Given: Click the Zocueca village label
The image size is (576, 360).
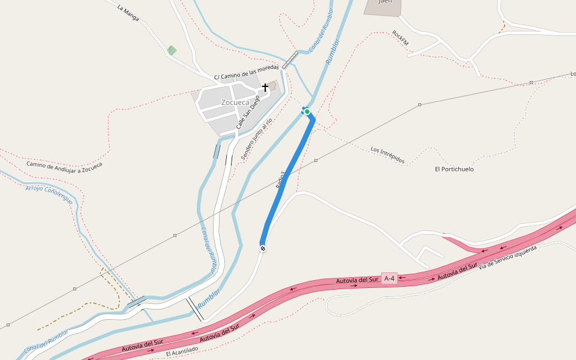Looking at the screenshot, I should pyautogui.click(x=235, y=103).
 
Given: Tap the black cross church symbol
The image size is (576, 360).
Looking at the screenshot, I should pyautogui.click(x=265, y=88).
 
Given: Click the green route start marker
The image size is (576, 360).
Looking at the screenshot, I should pyautogui.click(x=307, y=112).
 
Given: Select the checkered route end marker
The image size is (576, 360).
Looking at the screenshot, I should pyautogui.click(x=263, y=248).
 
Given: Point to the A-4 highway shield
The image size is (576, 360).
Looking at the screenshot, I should pyautogui.click(x=389, y=278).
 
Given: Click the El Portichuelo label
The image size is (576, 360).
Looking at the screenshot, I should pyautogui.click(x=454, y=169).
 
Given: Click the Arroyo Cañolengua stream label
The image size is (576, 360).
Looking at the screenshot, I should pyautogui.click(x=49, y=194).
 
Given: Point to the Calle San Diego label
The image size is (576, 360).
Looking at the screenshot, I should pyautogui.click(x=248, y=113).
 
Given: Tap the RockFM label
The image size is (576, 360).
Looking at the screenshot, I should pyautogui.click(x=400, y=38).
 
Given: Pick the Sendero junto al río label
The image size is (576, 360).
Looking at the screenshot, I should pyautogui.click(x=257, y=139).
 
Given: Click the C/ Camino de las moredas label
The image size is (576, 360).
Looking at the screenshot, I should pyautogui.click(x=247, y=72).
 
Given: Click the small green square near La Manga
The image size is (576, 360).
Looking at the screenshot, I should pyautogui.click(x=172, y=50).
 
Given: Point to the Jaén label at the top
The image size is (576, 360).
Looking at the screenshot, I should pyautogui.click(x=385, y=2).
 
